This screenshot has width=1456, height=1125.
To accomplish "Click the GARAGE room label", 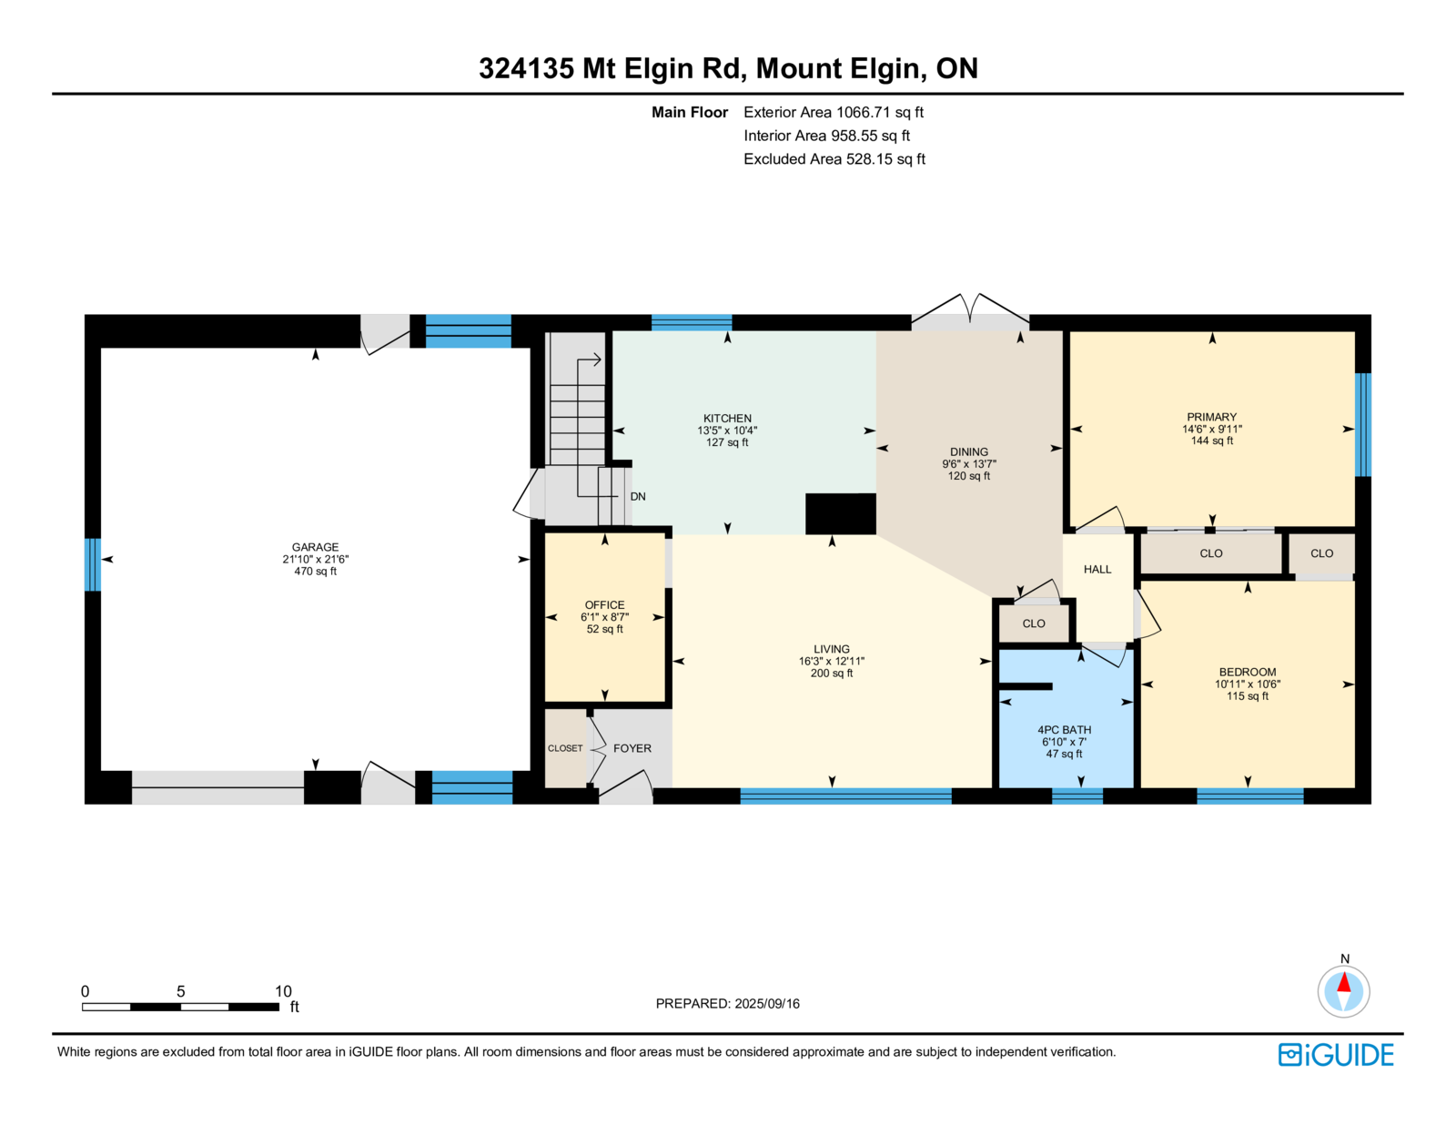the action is pyautogui.click(x=315, y=547).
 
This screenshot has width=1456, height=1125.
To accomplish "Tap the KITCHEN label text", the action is pyautogui.click(x=727, y=418).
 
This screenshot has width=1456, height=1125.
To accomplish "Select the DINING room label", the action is pyautogui.click(x=969, y=451).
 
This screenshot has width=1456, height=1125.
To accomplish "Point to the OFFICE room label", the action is pyautogui.click(x=604, y=604).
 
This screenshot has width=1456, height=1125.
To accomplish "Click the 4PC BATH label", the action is pyautogui.click(x=1064, y=730).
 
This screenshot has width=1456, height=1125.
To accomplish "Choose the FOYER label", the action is pyautogui.click(x=632, y=748).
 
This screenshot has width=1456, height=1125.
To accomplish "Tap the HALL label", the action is pyautogui.click(x=1097, y=569).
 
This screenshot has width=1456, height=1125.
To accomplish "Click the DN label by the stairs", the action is pyautogui.click(x=638, y=496).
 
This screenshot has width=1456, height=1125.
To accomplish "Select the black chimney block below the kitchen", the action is pyautogui.click(x=840, y=514).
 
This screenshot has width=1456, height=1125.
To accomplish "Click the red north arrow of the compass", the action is pyautogui.click(x=1343, y=982).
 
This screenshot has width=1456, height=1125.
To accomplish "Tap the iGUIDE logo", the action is pyautogui.click(x=1335, y=1055).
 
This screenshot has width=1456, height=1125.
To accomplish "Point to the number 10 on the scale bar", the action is pyautogui.click(x=283, y=991).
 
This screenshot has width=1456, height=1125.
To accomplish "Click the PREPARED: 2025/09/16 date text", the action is pyautogui.click(x=728, y=1003).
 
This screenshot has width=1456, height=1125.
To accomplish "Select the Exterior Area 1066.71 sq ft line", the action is pyautogui.click(x=834, y=112).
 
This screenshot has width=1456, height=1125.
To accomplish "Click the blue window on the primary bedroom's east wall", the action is pyautogui.click(x=1363, y=425).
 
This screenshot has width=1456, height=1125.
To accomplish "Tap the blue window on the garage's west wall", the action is pyautogui.click(x=93, y=565).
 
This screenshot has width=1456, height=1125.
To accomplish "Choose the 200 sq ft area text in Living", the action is pyautogui.click(x=832, y=673).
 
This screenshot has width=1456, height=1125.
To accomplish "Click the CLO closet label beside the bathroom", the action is pyautogui.click(x=1033, y=623).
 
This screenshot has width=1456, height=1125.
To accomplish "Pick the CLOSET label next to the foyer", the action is pyautogui.click(x=565, y=748).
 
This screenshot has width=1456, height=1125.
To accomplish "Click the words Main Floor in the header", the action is pyautogui.click(x=690, y=112).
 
